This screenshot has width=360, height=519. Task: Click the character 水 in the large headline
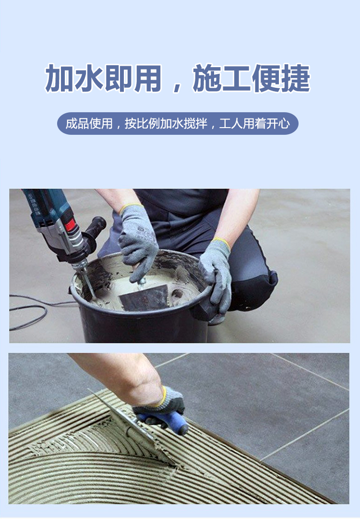[89, 78]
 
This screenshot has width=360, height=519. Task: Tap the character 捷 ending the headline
[296, 78]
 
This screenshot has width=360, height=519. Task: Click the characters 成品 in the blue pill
[77, 124]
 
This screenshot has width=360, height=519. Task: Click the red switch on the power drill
[70, 225]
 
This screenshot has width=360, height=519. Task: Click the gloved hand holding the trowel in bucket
[138, 242]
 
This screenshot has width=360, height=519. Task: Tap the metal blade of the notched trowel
[132, 427]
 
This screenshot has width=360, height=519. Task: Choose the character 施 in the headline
[207, 78]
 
